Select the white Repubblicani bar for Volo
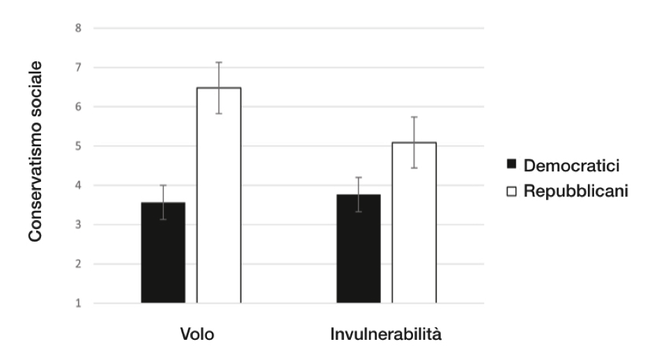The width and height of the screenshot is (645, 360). click(219, 195)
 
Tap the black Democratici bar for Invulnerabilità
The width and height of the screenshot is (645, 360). click(359, 249)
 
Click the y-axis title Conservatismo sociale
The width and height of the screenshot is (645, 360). click(36, 151)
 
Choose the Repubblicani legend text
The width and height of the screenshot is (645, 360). click(575, 190)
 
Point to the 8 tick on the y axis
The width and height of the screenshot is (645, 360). click(79, 29)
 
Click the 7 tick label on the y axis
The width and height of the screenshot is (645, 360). click(79, 68)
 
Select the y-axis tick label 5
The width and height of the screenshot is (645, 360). click(79, 146)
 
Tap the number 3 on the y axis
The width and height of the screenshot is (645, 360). click(79, 225)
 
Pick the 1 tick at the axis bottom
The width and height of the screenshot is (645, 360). click(79, 304)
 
